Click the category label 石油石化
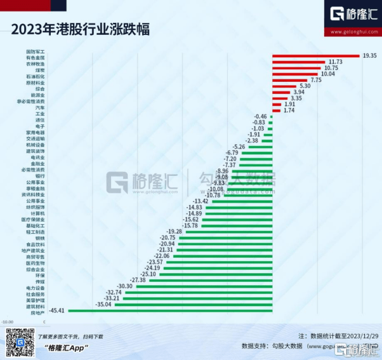[x=53, y=76]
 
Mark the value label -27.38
[x=138, y=279]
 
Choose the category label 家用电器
[x=53, y=132]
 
